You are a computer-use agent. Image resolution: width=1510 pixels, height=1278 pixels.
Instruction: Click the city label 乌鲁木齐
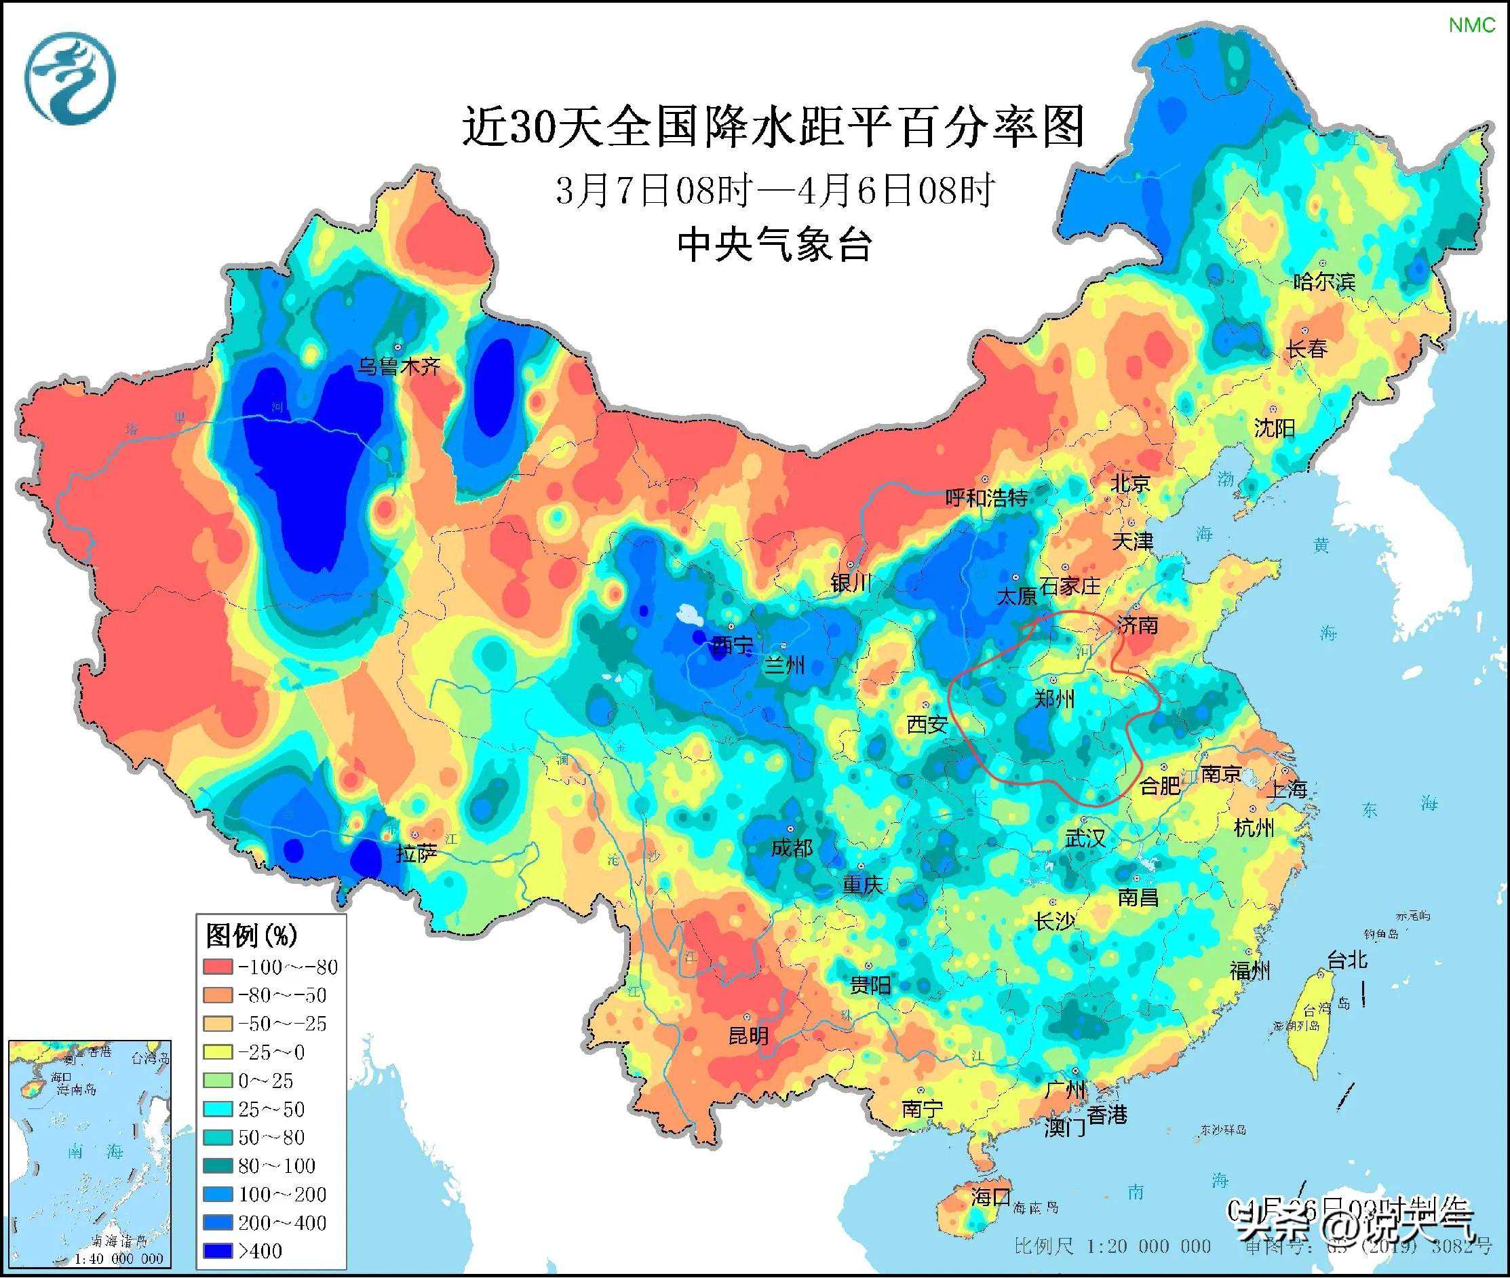click(398, 366)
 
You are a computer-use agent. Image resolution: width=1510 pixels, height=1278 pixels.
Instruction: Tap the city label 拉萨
click(416, 855)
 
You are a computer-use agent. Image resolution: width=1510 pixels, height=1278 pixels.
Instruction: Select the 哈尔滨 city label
click(1323, 282)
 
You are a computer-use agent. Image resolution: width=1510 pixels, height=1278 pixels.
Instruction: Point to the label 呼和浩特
click(986, 498)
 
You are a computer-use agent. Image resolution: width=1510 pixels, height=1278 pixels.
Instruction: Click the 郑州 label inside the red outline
click(1053, 699)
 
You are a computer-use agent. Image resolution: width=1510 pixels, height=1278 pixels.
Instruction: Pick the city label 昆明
click(748, 1035)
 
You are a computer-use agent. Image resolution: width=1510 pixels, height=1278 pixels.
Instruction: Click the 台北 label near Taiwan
click(1347, 961)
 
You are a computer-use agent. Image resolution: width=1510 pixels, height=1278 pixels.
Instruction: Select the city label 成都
click(791, 848)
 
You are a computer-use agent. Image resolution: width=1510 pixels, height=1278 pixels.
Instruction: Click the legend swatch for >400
click(217, 1250)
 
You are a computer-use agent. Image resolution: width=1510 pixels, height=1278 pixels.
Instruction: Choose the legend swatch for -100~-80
click(217, 967)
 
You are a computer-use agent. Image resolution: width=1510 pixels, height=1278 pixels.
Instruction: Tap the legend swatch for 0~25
click(217, 1080)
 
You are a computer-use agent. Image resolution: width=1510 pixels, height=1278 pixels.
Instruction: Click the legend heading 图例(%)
click(251, 935)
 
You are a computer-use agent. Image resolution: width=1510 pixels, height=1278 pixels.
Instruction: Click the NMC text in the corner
click(1471, 25)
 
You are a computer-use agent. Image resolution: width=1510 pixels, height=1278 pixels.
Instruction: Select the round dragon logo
click(71, 78)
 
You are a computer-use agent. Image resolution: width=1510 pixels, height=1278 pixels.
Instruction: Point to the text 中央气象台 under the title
click(774, 244)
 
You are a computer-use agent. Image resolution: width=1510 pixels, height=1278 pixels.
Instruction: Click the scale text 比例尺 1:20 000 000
click(1112, 1246)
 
